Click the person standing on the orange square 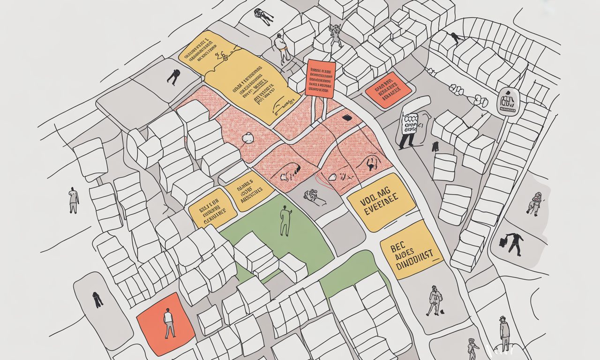coord(169,323)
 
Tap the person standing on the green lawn coord(285,221)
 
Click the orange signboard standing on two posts coord(320,79)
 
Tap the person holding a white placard coord(409,130)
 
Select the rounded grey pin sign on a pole coord(507,101)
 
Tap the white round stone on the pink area coord(247,137)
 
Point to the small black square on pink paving coord(347,118)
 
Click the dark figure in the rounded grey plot coord(97,299)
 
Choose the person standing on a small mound coord(504,333)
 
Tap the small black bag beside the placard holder coord(435,147)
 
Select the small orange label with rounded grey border coord(388,90)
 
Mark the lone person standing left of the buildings coord(74,200)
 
